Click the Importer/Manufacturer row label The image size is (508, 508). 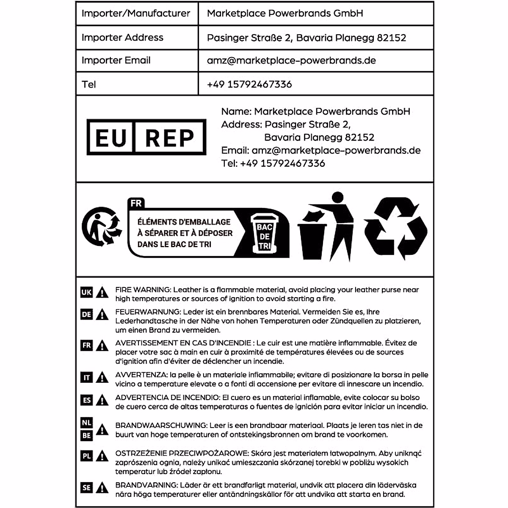136,14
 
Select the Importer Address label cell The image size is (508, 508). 122,38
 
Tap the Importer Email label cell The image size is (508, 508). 116,61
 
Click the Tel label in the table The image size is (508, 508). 89,84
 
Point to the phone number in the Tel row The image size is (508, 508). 249,84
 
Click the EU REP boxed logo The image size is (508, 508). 146,137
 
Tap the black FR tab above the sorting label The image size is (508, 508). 136,203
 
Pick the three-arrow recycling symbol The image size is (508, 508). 396,229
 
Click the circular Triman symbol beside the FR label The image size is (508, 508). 101,226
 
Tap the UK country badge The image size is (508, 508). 86,292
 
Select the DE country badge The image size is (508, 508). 86,314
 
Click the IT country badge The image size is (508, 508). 86,377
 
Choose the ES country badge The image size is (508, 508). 86,400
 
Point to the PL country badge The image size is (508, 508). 86,456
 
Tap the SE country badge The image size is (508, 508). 86,488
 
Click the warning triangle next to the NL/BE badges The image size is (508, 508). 102,430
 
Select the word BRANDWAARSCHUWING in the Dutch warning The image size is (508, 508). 161,425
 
